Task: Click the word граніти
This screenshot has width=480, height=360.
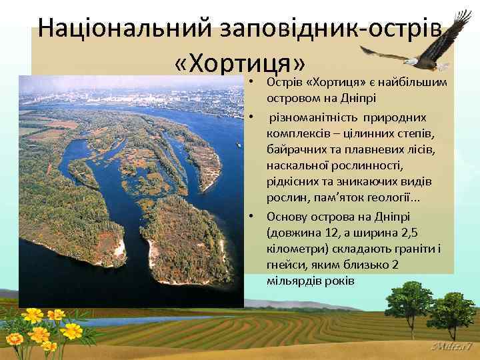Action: click(x=417, y=249)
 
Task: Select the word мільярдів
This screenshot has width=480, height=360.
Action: click(x=294, y=281)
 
